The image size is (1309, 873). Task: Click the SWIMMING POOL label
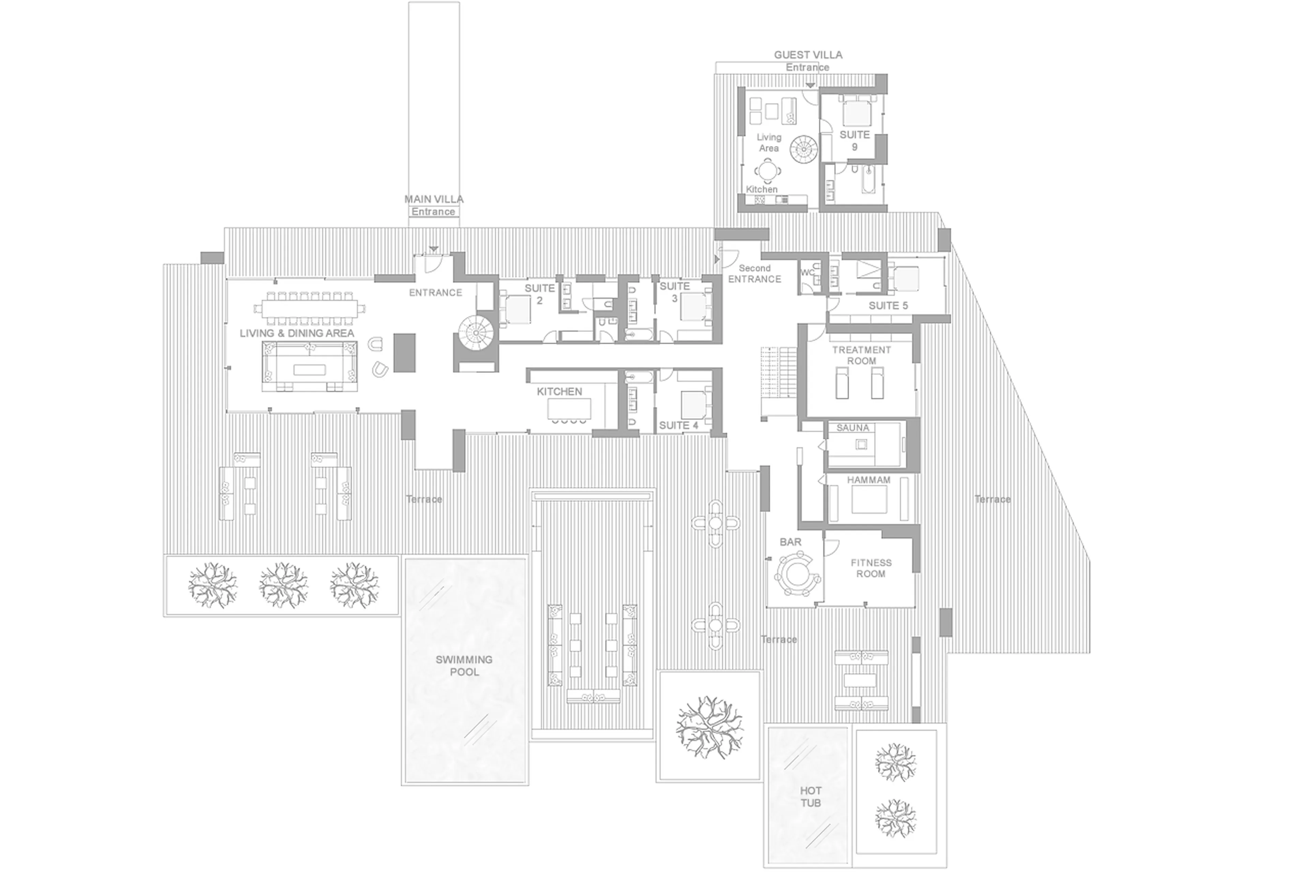[464, 665]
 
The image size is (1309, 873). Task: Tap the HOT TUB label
[811, 796]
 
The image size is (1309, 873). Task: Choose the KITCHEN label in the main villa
[559, 391]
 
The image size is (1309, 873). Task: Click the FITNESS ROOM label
[871, 568]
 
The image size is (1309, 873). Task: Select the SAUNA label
[852, 427]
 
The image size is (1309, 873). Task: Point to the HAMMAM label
[868, 479]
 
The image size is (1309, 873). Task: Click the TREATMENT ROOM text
[861, 355]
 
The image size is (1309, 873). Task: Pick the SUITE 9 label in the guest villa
[855, 140]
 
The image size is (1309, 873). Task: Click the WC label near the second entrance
[807, 273]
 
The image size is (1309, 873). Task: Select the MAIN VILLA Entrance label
[433, 205]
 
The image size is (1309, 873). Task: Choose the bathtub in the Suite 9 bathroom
[868, 180]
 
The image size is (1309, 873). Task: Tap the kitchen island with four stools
[569, 410]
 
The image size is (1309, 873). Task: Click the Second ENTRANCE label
[754, 273]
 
